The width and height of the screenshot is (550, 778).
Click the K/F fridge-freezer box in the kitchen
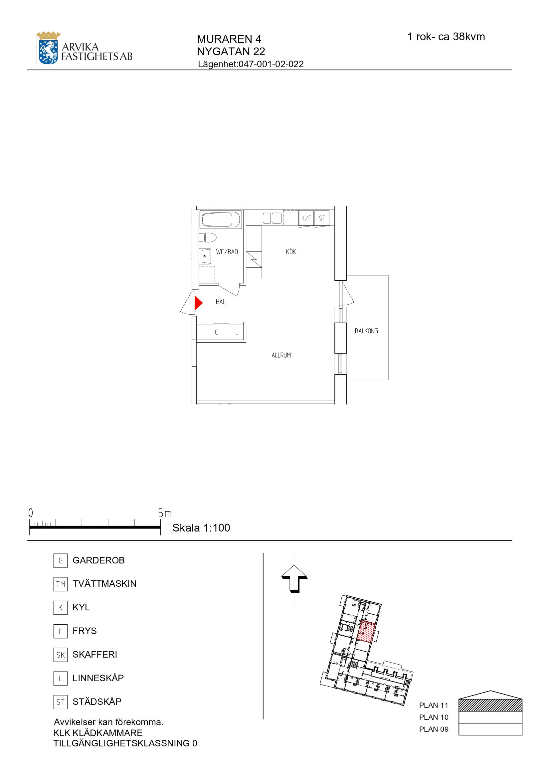306,218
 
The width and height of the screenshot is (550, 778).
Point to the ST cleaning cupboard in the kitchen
322,218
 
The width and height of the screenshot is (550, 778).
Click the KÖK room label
291,252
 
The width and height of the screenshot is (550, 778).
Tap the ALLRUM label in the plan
281,356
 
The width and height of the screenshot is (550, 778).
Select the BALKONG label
366,331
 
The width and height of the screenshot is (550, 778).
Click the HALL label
222,302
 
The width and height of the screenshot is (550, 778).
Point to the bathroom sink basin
205,256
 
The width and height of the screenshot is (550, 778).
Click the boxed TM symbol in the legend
60,584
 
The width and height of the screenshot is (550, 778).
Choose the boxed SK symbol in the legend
60,655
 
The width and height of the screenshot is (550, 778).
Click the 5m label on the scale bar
165,513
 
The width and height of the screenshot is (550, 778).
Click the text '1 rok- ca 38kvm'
446,37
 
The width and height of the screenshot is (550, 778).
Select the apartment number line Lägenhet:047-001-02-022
251,64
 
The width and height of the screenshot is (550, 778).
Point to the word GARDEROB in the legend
98,560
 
